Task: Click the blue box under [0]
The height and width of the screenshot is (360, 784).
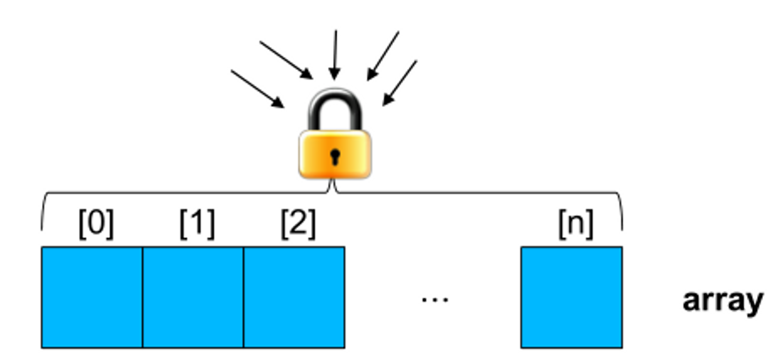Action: click(92, 297)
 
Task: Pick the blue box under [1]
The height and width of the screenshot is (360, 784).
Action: click(193, 297)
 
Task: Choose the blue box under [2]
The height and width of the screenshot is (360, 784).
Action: click(294, 297)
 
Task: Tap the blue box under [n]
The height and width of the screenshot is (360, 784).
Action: click(572, 297)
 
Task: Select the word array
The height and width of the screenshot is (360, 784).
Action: click(722, 299)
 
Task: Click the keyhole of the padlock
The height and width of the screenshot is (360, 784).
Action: click(335, 156)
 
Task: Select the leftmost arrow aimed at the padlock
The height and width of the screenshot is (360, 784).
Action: click(257, 89)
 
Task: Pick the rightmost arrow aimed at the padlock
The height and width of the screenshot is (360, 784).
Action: click(400, 83)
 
